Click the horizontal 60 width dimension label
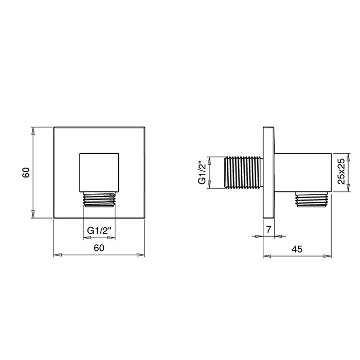point(99,248)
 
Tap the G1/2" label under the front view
point(99,231)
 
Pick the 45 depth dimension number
point(297,248)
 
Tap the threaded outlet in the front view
point(99,200)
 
